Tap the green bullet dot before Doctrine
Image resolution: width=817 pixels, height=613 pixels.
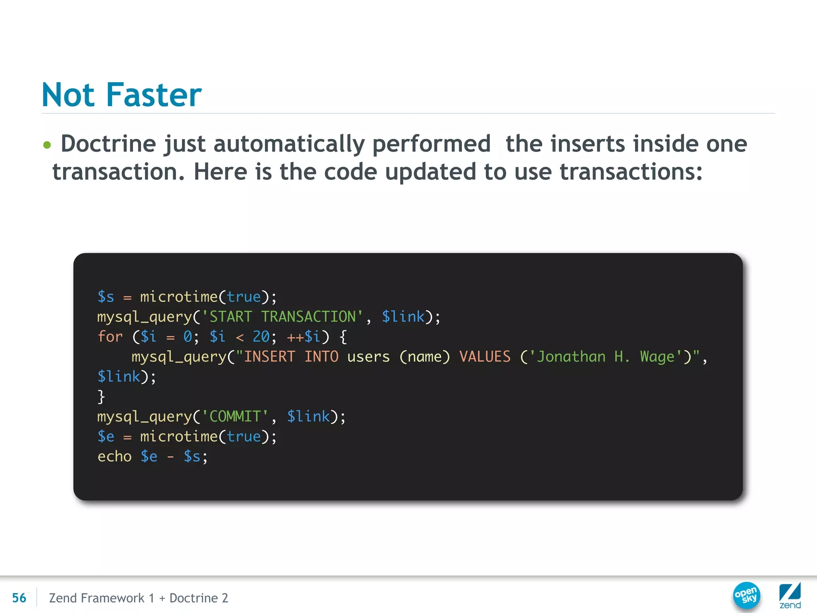tap(47, 144)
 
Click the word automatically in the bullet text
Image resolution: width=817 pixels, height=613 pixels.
tap(289, 144)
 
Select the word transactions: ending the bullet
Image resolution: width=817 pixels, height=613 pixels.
tap(631, 172)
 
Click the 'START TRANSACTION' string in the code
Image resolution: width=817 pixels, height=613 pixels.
tap(282, 317)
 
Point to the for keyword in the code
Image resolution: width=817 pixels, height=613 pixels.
tap(110, 337)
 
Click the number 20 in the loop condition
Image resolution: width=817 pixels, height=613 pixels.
tap(261, 337)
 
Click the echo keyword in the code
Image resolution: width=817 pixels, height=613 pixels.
tap(114, 457)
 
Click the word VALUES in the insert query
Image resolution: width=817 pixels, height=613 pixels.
tap(485, 357)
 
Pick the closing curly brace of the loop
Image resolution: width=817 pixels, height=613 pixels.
tap(101, 397)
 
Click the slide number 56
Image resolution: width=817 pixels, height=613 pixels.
tap(19, 598)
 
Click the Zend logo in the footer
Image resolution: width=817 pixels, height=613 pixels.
tap(790, 595)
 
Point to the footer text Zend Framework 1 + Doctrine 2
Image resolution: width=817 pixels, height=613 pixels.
tap(138, 598)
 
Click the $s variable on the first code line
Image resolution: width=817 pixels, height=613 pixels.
tap(106, 297)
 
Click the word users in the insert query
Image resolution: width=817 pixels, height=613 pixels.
tap(368, 357)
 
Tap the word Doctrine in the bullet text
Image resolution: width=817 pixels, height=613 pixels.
tap(108, 144)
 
